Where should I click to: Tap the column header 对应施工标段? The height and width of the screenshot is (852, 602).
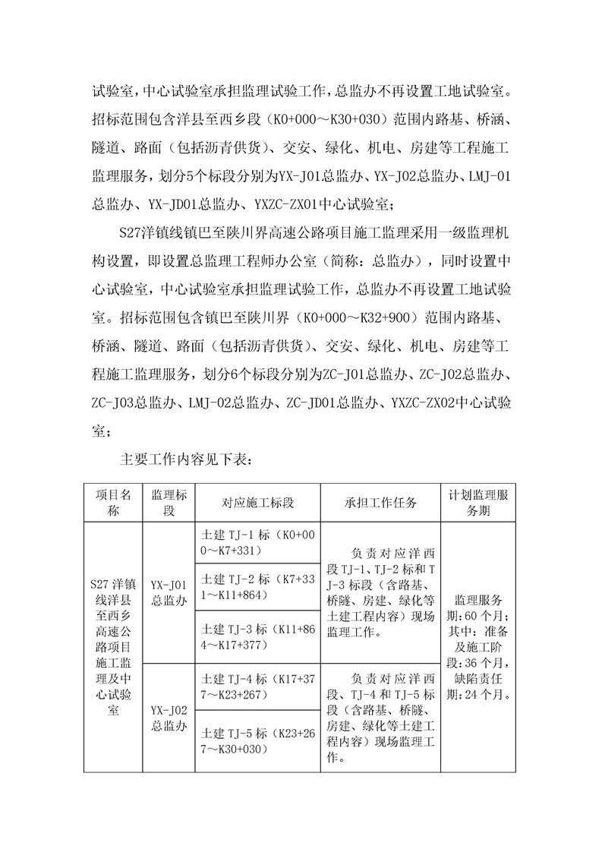click(258, 502)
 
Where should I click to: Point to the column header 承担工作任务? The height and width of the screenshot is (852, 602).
click(380, 502)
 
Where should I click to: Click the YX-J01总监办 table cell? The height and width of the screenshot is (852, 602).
click(169, 592)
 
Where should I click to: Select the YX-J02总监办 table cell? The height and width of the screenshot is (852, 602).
click(169, 718)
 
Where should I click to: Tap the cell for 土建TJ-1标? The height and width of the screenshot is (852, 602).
click(257, 542)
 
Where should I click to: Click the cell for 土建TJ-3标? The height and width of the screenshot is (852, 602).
click(257, 636)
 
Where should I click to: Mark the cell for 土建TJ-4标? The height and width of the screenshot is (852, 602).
click(257, 686)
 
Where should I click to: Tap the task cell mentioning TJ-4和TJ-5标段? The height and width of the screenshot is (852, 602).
click(380, 718)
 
